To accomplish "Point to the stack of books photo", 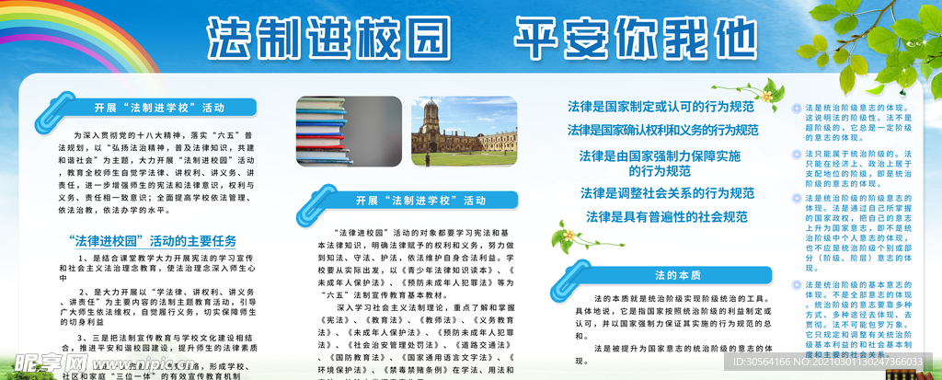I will click(x=349, y=130).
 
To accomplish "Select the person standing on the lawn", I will click(x=428, y=159).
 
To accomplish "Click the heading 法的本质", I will click(x=678, y=274).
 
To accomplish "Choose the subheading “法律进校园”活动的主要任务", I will click(x=153, y=240).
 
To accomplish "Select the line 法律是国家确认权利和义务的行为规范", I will click(x=662, y=129).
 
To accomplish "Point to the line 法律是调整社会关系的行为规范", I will click(x=667, y=193).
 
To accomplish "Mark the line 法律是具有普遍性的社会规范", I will click(x=667, y=217).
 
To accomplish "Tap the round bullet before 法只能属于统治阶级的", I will click(x=797, y=153).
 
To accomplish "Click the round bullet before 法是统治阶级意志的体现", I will click(x=797, y=109).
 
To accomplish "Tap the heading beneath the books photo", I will click(x=408, y=201).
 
